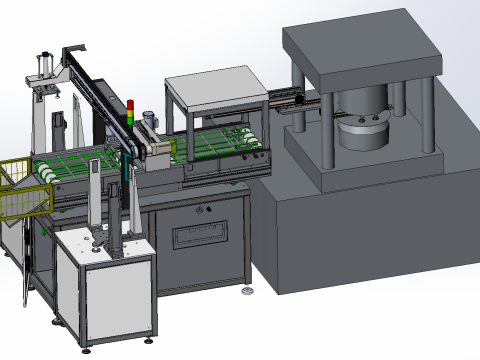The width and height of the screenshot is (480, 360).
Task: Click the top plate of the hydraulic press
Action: coord(360,49)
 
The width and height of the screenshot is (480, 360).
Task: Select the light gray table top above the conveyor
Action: coord(213,84)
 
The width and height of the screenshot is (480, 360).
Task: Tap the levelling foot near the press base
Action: coord(247,291)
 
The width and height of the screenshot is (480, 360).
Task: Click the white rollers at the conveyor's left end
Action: coord(48,171)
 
